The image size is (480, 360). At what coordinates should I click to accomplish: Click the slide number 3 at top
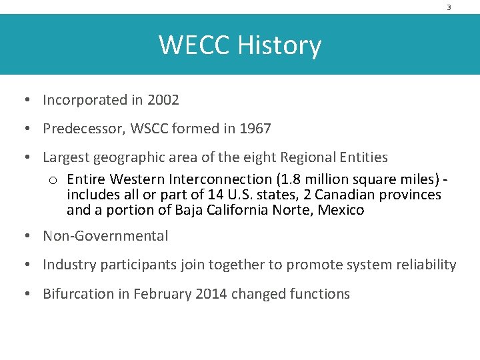(x=449, y=7)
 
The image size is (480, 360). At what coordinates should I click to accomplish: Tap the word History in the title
(x=279, y=45)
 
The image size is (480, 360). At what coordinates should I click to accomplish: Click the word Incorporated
(x=85, y=100)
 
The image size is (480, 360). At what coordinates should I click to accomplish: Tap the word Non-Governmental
(x=105, y=236)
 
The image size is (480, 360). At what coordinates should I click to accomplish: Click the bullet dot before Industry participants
(x=24, y=265)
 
